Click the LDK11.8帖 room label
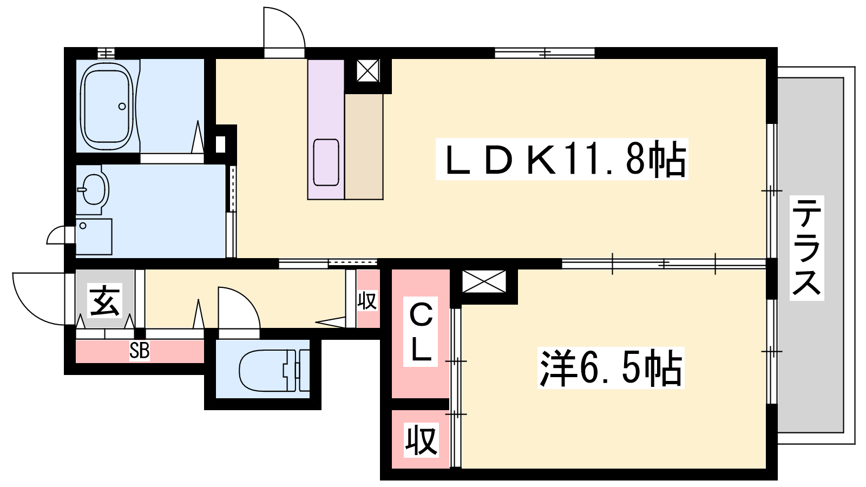562,159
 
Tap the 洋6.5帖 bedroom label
611,367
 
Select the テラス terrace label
807,248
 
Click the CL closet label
421,331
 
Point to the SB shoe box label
139,351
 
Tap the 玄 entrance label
104,300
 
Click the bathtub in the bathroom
107,106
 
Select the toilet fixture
274,371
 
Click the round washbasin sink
94,189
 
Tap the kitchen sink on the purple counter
326,162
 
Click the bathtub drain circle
122,106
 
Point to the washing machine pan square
94,236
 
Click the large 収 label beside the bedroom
421,440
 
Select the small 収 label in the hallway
368,301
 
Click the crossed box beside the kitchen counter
368,70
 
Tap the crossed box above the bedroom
484,281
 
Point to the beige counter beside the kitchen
364,147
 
